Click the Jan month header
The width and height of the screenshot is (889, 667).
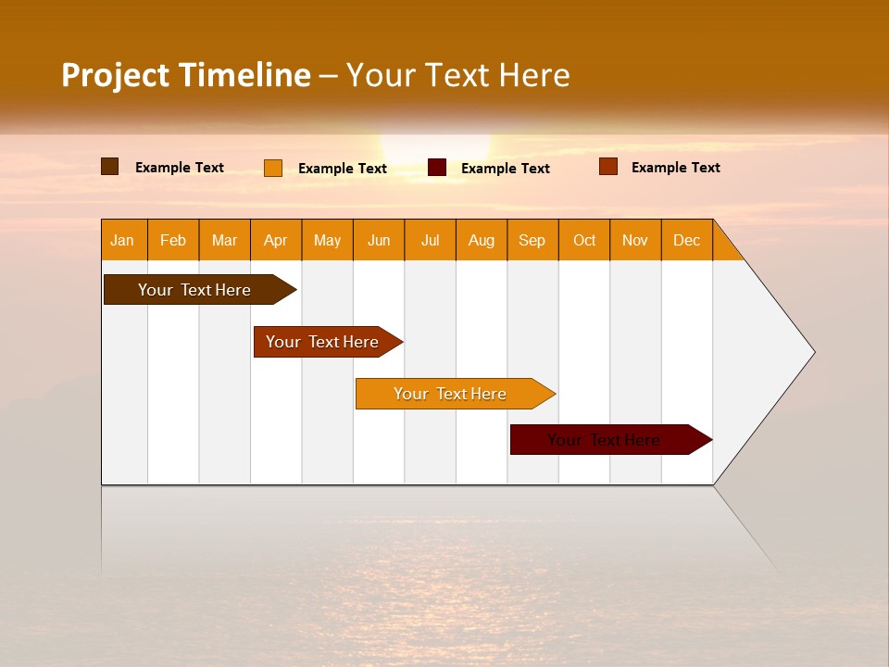(x=123, y=240)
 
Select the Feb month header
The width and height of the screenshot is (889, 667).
(x=173, y=240)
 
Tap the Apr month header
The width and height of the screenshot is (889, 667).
(x=275, y=240)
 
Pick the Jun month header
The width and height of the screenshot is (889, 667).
(x=379, y=240)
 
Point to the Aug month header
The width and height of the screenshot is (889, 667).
(x=482, y=240)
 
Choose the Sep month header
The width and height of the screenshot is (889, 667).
(x=532, y=240)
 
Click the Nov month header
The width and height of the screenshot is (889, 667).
(x=635, y=240)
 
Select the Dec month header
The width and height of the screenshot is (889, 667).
(x=686, y=240)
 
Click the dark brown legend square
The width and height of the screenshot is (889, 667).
(x=110, y=167)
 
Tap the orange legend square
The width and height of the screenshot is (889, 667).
(x=273, y=168)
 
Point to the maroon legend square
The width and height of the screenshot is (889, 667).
(x=437, y=168)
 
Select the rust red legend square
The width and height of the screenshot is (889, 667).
(x=608, y=167)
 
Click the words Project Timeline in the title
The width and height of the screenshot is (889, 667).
(x=186, y=75)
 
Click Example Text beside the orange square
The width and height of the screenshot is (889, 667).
(x=343, y=169)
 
